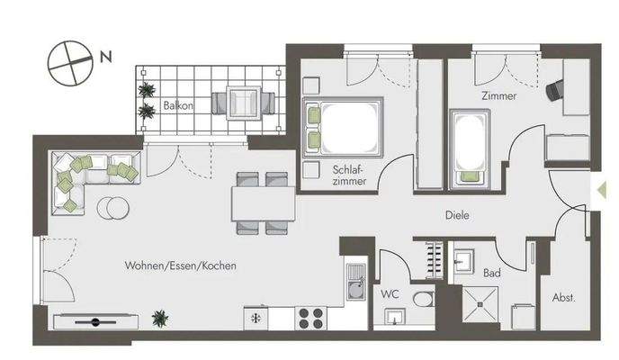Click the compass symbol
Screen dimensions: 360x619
pyautogui.click(x=69, y=64)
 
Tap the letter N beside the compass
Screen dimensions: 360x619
pyautogui.click(x=106, y=58)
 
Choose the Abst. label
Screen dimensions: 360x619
pyautogui.click(x=563, y=297)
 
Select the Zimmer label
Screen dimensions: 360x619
pyautogui.click(x=498, y=95)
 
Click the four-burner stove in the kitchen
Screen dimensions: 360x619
pyautogui.click(x=311, y=317)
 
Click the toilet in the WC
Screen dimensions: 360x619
pyautogui.click(x=423, y=299)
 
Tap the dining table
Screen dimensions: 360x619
pyautogui.click(x=263, y=203)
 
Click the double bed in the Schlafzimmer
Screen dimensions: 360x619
pyautogui.click(x=345, y=126)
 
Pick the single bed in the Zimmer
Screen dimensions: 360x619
pyautogui.click(x=468, y=146)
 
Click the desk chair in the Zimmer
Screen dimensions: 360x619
pyautogui.click(x=554, y=87)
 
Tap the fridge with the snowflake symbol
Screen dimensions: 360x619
pyautogui.click(x=256, y=317)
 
